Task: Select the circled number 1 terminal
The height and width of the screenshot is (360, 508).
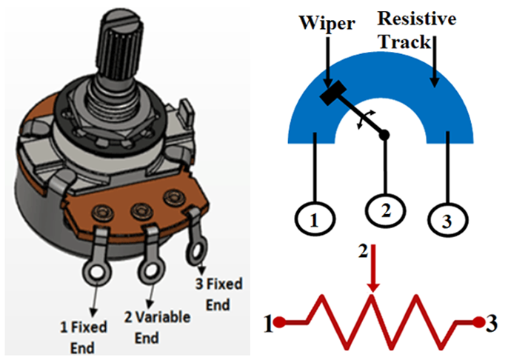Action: click(314, 219)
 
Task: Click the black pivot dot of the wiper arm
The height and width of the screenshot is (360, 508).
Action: click(385, 134)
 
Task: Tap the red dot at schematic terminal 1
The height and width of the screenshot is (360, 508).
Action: click(281, 323)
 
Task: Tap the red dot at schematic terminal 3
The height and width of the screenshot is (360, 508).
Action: click(478, 323)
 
